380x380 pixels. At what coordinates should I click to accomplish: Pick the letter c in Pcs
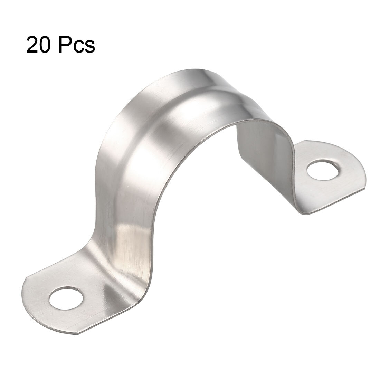(x=79, y=48)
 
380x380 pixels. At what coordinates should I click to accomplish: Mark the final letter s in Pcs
(x=89, y=48)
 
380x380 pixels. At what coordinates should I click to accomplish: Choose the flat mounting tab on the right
(x=320, y=180)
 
